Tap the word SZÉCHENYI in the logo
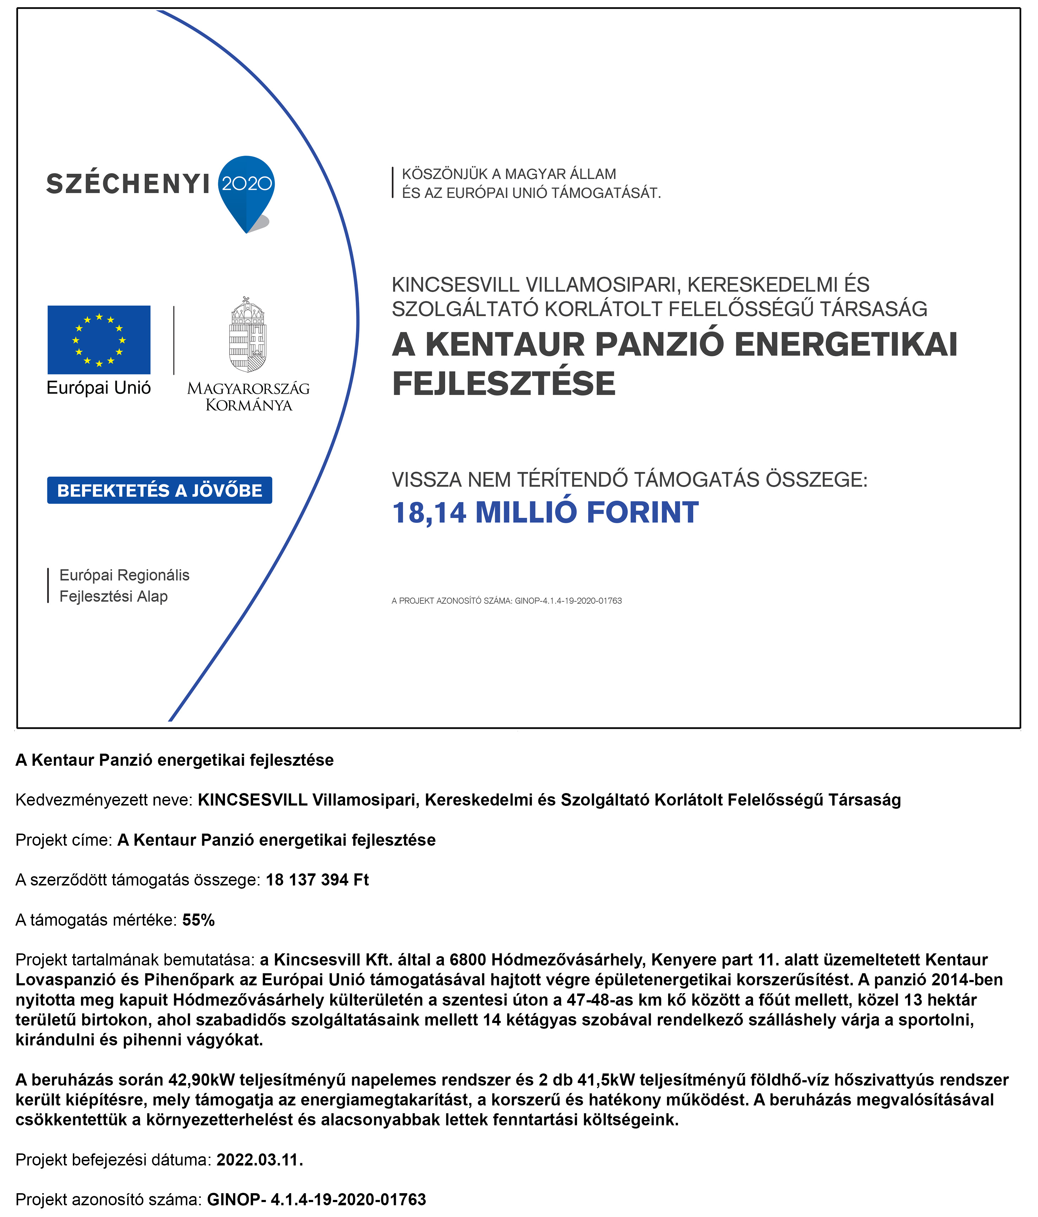(128, 184)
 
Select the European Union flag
(99, 339)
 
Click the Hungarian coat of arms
(247, 335)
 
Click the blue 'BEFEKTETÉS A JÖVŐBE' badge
(159, 490)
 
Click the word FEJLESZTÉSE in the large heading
(504, 383)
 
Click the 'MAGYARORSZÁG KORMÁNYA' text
(248, 397)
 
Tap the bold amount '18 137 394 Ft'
(317, 879)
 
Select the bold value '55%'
(199, 920)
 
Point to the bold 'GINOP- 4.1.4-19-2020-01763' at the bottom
(316, 1199)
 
